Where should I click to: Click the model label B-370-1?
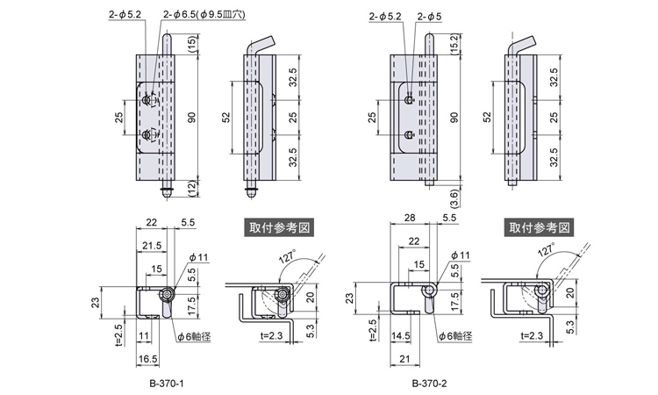coord(167,383)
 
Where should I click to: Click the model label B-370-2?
coord(429,383)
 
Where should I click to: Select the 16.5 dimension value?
coord(147,358)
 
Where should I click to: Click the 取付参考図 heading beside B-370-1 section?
coord(278,226)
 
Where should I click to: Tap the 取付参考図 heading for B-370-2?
coord(540,226)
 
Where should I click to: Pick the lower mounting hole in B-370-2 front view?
coord(410,135)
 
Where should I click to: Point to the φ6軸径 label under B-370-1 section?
coord(197,335)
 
